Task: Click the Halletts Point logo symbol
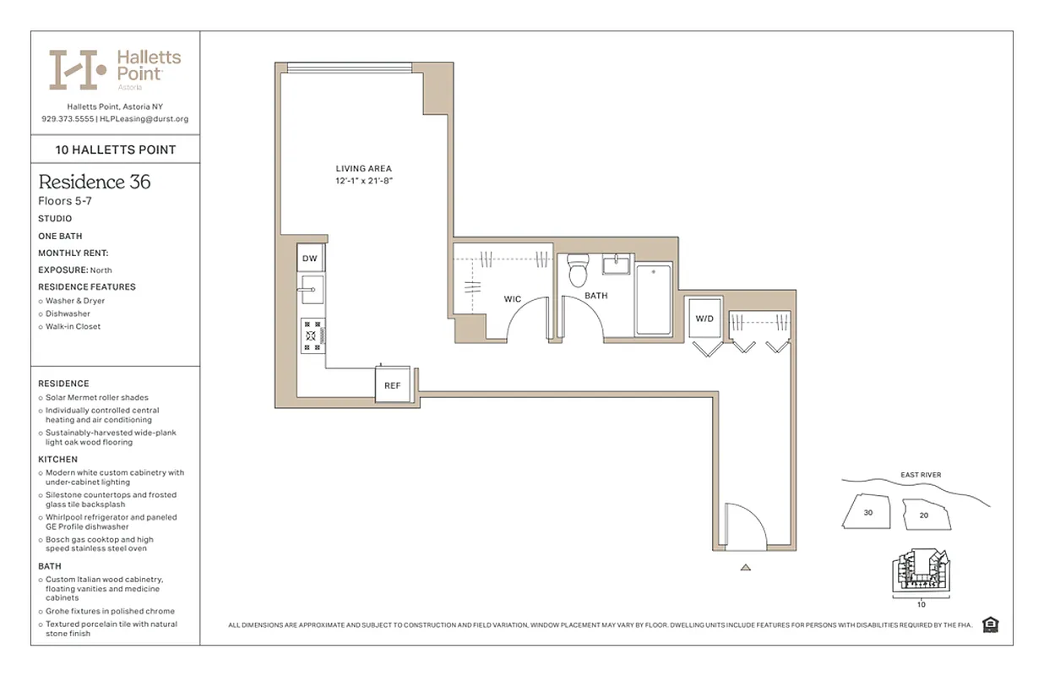[78, 69]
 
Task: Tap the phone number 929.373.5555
[68, 119]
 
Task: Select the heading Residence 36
[95, 182]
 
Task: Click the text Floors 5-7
[65, 201]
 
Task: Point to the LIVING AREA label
[363, 169]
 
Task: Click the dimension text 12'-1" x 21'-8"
[363, 181]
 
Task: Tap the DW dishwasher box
[310, 259]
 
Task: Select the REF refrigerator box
[392, 384]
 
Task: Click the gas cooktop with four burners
[313, 335]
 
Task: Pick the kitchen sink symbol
[311, 289]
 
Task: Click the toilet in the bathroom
[578, 270]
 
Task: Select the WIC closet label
[512, 299]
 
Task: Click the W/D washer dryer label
[704, 319]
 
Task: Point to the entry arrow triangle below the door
[745, 568]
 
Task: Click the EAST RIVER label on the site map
[919, 475]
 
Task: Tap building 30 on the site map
[868, 512]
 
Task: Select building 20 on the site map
[923, 515]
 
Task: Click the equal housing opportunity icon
[991, 625]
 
